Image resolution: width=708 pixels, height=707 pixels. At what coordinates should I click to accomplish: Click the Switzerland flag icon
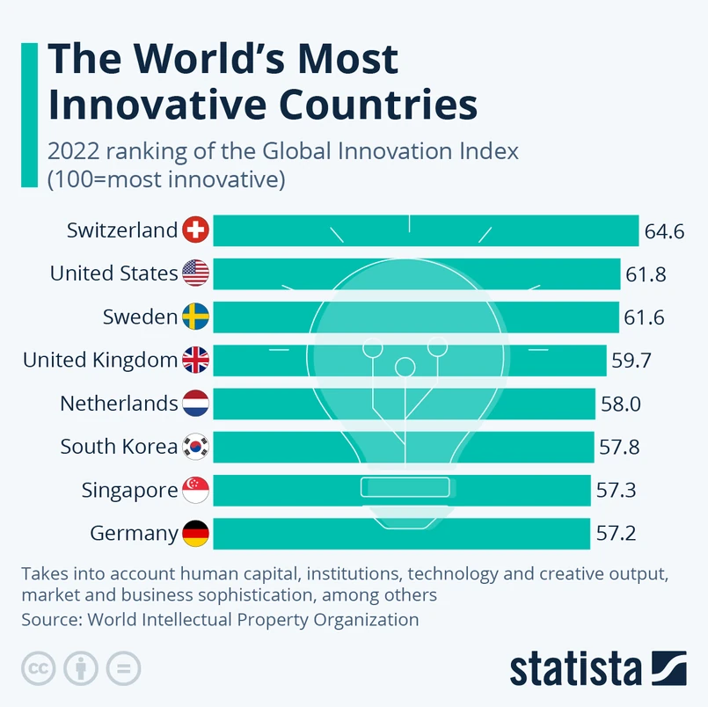coord(195,230)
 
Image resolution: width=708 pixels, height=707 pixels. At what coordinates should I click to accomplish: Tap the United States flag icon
coord(195,273)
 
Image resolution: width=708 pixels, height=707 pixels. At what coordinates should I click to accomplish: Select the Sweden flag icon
coord(195,317)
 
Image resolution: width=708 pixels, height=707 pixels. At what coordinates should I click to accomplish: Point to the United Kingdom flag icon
coord(195,360)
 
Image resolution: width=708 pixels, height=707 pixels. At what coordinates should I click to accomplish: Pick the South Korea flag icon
coord(195,447)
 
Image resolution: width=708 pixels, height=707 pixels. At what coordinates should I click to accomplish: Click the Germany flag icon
coord(195,533)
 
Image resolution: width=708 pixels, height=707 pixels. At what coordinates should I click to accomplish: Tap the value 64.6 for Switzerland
coord(664,231)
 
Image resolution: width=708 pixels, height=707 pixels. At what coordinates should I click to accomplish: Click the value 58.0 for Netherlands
coord(621,404)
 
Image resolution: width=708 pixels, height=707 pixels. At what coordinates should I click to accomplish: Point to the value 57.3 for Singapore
coord(616,490)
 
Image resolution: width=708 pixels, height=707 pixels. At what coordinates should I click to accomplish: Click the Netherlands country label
coord(119,404)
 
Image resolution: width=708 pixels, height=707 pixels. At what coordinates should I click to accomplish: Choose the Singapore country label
coord(129,490)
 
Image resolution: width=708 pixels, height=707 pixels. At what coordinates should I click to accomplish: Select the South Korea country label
coord(119,447)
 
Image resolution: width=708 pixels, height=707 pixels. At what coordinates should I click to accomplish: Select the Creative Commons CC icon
coord(39,668)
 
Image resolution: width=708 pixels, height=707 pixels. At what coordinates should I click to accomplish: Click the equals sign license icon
coord(123,668)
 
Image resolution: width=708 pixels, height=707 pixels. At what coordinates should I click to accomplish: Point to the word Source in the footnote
coord(49,619)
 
